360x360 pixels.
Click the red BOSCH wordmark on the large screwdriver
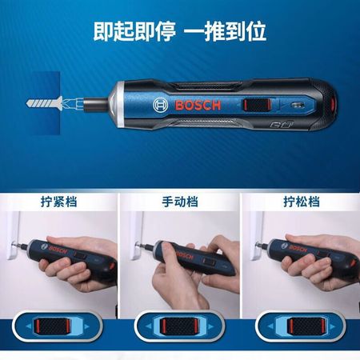pyautogui.click(x=198, y=106)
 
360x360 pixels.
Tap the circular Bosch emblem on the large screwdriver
pyautogui.click(x=161, y=106)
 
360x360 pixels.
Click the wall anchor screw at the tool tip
pyautogui.click(x=45, y=103)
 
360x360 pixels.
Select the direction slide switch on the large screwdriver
pyautogui.click(x=256, y=104)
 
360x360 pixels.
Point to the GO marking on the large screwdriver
pyautogui.click(x=282, y=125)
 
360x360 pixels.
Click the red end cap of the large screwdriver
pyautogui.click(x=333, y=104)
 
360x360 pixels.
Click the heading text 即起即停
pyautogui.click(x=134, y=31)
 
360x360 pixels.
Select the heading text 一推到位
pyautogui.click(x=226, y=31)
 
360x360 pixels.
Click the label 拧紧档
pyautogui.click(x=59, y=202)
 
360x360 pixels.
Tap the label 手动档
pyautogui.click(x=180, y=202)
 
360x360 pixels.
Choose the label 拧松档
pyautogui.click(x=302, y=202)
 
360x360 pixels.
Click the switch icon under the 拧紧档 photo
pyautogui.click(x=57, y=326)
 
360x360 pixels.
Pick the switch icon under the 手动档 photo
pyautogui.click(x=179, y=326)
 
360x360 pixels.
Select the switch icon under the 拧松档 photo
pyautogui.click(x=301, y=326)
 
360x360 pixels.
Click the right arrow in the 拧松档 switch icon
pyautogui.click(x=333, y=326)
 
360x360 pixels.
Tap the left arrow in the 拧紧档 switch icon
pyautogui.click(x=28, y=326)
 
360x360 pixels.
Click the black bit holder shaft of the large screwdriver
pyautogui.click(x=95, y=102)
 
